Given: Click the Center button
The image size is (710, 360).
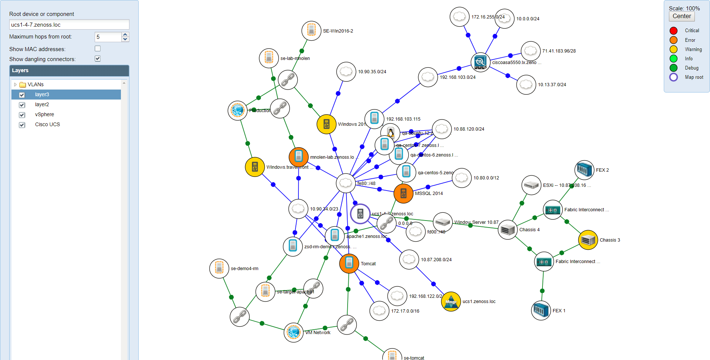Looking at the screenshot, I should tap(682, 16).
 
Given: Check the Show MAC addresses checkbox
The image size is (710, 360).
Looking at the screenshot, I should tap(98, 48).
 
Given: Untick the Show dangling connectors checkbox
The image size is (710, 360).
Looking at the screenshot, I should tap(98, 58).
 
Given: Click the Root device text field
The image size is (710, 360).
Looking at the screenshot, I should tap(69, 25).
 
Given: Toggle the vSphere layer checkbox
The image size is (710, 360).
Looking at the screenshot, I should tap(22, 115).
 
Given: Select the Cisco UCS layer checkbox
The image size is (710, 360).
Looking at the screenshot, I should tap(22, 125).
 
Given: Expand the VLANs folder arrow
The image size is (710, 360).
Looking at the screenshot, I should tap(15, 85).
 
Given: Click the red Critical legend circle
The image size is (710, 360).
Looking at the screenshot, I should tap(673, 31).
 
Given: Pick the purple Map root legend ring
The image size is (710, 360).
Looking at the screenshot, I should tap(673, 77).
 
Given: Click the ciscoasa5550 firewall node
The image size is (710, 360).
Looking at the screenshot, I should tap(480, 62).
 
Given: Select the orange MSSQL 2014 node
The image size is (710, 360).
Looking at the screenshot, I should tap(403, 193).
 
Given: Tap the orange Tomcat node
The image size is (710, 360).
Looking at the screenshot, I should tap(349, 263).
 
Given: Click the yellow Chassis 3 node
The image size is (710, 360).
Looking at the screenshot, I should tap(588, 240).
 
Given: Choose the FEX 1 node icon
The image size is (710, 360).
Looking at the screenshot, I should tap(541, 310).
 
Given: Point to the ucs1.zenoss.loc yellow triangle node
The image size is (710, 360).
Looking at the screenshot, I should tap(451, 302).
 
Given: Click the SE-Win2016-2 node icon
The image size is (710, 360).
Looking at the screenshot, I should tap(311, 31).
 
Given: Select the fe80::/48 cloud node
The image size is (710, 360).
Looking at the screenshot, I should tap(346, 183).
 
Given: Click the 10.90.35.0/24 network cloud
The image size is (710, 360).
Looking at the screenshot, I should tap(346, 71).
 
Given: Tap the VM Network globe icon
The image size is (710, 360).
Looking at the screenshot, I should tap(294, 332).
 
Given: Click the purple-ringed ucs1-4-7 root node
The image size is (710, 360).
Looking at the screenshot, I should tap(360, 213).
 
